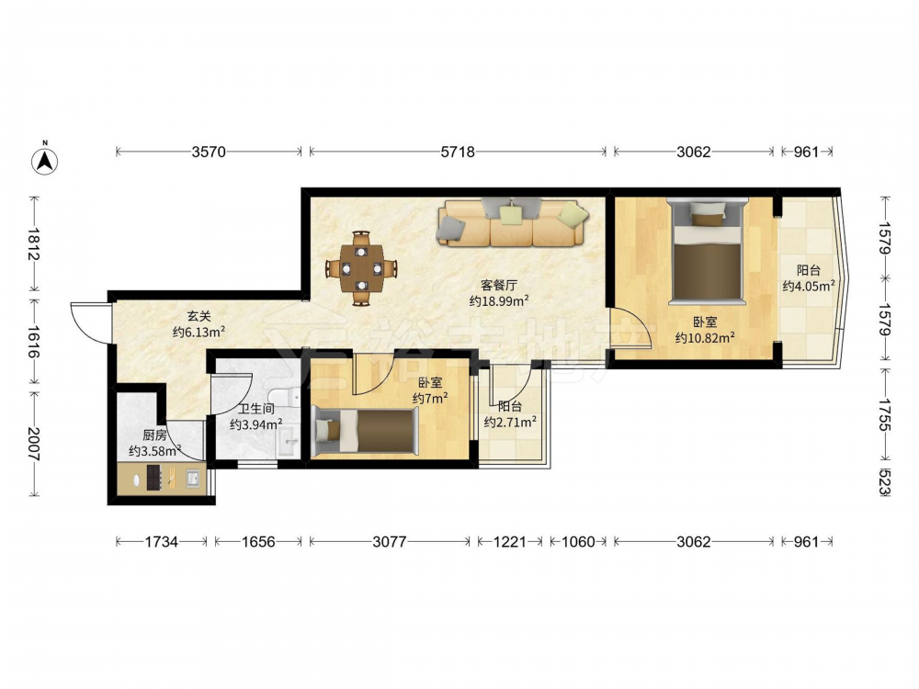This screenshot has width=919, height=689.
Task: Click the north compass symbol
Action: click(x=44, y=159)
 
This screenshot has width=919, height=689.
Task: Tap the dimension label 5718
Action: click(x=458, y=152)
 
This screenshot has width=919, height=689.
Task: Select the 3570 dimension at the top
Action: click(x=209, y=152)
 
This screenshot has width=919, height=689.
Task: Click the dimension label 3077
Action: click(x=390, y=542)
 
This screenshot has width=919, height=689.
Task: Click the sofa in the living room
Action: click(x=512, y=222)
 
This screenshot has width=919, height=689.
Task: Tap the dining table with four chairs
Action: click(x=361, y=268)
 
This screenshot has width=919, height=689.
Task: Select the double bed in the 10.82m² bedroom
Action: click(x=708, y=251)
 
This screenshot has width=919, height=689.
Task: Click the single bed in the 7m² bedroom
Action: click(x=367, y=431)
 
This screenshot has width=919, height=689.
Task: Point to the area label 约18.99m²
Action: click(x=499, y=301)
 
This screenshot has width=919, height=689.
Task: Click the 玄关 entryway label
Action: click(x=199, y=316)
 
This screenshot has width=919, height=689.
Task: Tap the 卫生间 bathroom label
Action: click(x=256, y=409)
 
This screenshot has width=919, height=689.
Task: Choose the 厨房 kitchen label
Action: click(x=154, y=435)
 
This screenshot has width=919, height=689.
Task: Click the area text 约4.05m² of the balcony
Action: click(x=809, y=286)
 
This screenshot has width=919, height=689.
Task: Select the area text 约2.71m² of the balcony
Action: click(x=510, y=422)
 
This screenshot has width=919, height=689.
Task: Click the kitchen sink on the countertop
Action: click(x=193, y=478)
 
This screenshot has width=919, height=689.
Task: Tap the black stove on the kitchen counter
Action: click(x=153, y=478)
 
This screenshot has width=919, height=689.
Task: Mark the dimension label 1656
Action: click(x=258, y=542)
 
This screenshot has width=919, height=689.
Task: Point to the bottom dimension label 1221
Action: click(x=510, y=542)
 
